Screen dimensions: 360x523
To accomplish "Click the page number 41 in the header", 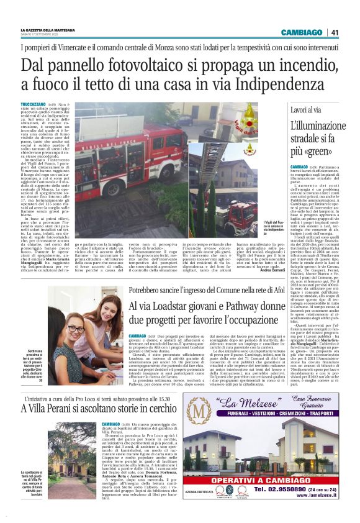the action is pyautogui.click(x=335, y=32).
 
